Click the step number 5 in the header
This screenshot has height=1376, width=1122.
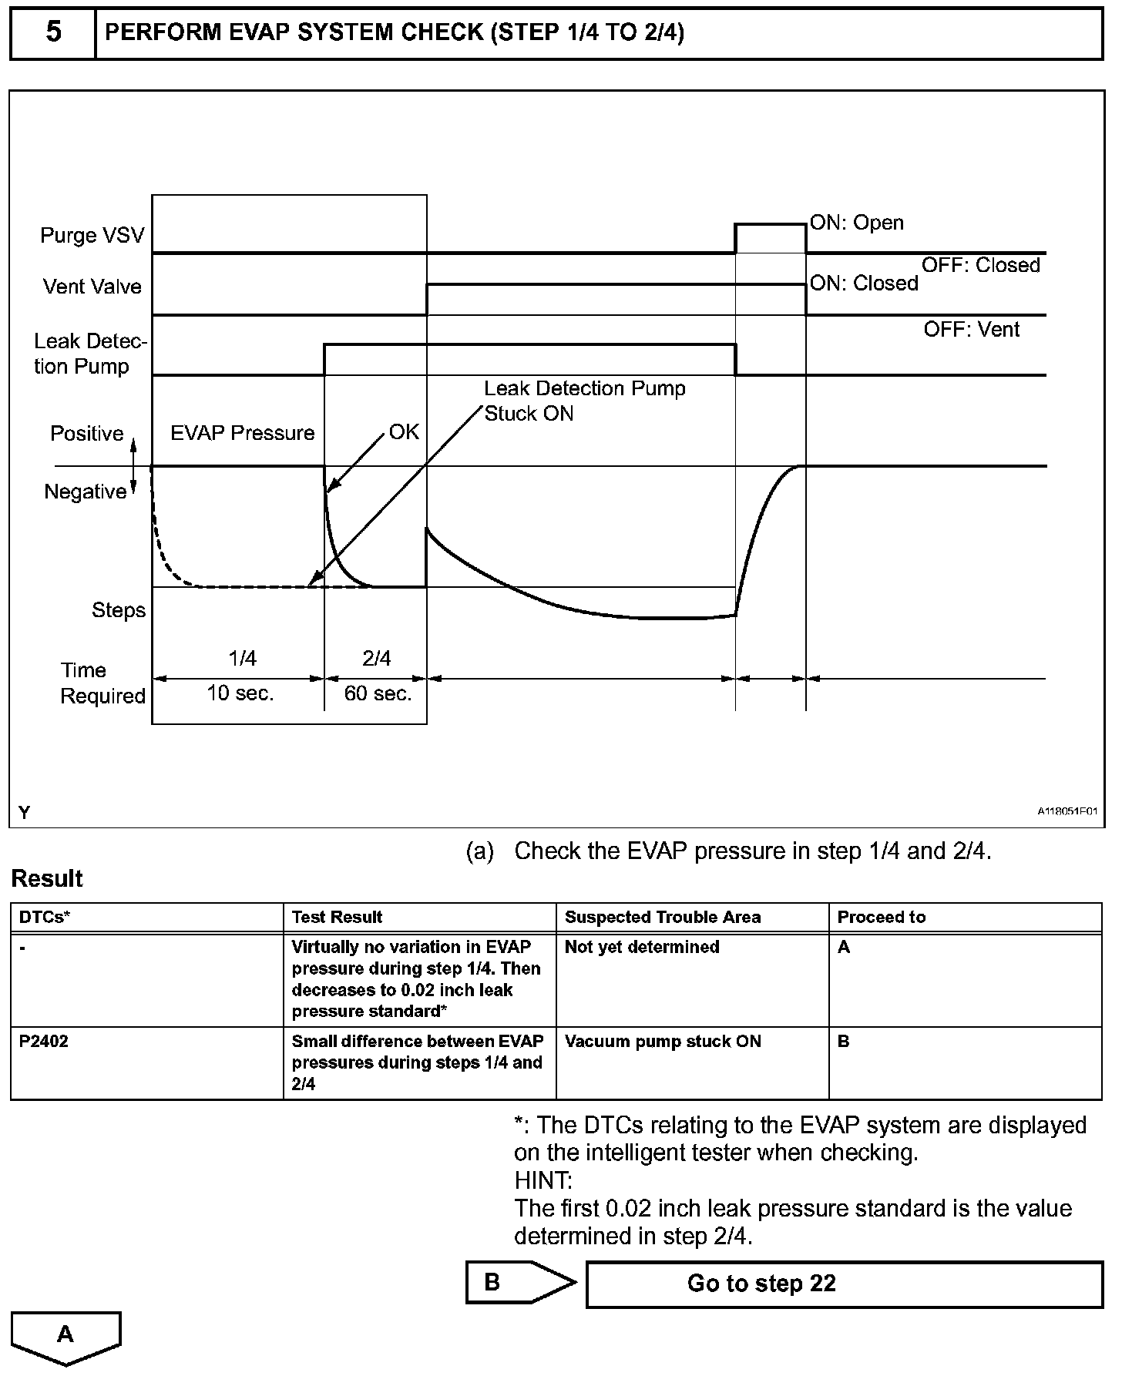click(53, 33)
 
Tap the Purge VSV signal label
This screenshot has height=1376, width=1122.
click(92, 235)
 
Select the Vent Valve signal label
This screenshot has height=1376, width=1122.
click(92, 287)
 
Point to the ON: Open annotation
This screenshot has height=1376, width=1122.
click(856, 223)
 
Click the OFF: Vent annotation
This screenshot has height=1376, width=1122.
click(971, 330)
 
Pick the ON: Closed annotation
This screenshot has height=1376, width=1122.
click(864, 284)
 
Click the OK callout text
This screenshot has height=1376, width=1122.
click(404, 431)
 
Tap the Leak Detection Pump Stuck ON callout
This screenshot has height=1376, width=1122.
click(584, 401)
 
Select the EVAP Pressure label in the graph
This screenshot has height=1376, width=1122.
click(242, 433)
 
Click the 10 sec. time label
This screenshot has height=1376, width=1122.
click(240, 693)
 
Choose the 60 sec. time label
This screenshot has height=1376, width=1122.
click(378, 693)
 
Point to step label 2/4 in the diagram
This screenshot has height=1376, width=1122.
click(376, 658)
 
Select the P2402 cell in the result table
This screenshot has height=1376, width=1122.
click(44, 1041)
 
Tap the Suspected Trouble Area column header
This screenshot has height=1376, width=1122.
click(663, 917)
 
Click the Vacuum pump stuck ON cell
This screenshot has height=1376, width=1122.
click(663, 1041)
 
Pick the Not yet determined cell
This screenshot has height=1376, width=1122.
click(642, 947)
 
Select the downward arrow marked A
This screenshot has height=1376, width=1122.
click(66, 1335)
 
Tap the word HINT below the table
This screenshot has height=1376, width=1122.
click(543, 1180)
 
